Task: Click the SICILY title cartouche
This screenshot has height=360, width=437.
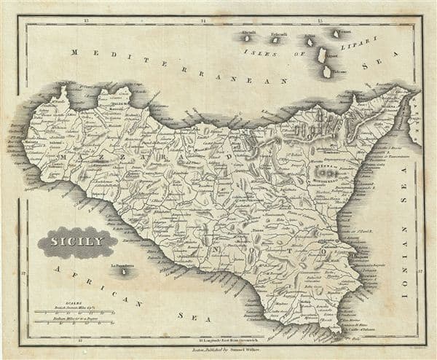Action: [x=77, y=242]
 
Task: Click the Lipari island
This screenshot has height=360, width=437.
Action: [x=322, y=54]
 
